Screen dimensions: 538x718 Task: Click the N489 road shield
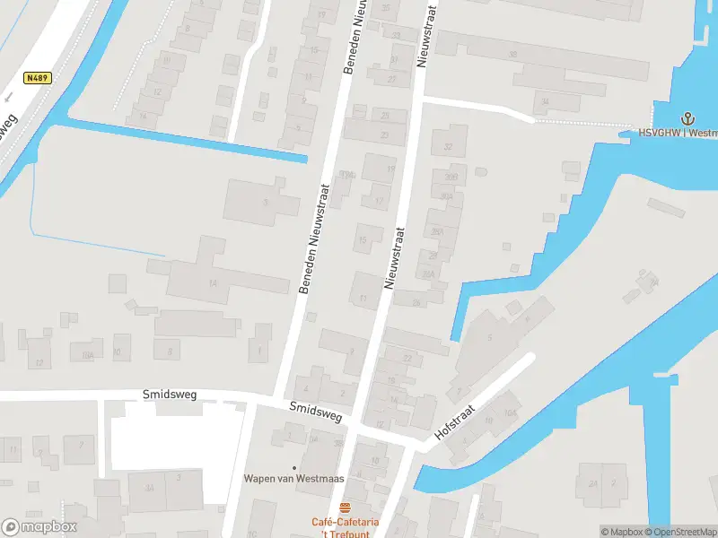[x=38, y=78]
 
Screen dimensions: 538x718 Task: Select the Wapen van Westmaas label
[x=293, y=478]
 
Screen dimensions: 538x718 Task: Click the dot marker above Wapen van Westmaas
[x=293, y=466]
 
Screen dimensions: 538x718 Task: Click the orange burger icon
[x=346, y=508]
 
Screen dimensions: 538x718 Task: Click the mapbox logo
[x=39, y=526]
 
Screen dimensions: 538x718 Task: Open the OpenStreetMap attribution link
[x=679, y=532]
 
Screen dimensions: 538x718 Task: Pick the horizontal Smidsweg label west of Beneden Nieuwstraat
[x=169, y=394]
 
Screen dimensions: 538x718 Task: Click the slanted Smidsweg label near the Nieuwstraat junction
[x=315, y=412]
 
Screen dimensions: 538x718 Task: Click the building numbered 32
[x=449, y=143]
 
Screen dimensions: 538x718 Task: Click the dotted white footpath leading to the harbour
[x=592, y=121]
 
